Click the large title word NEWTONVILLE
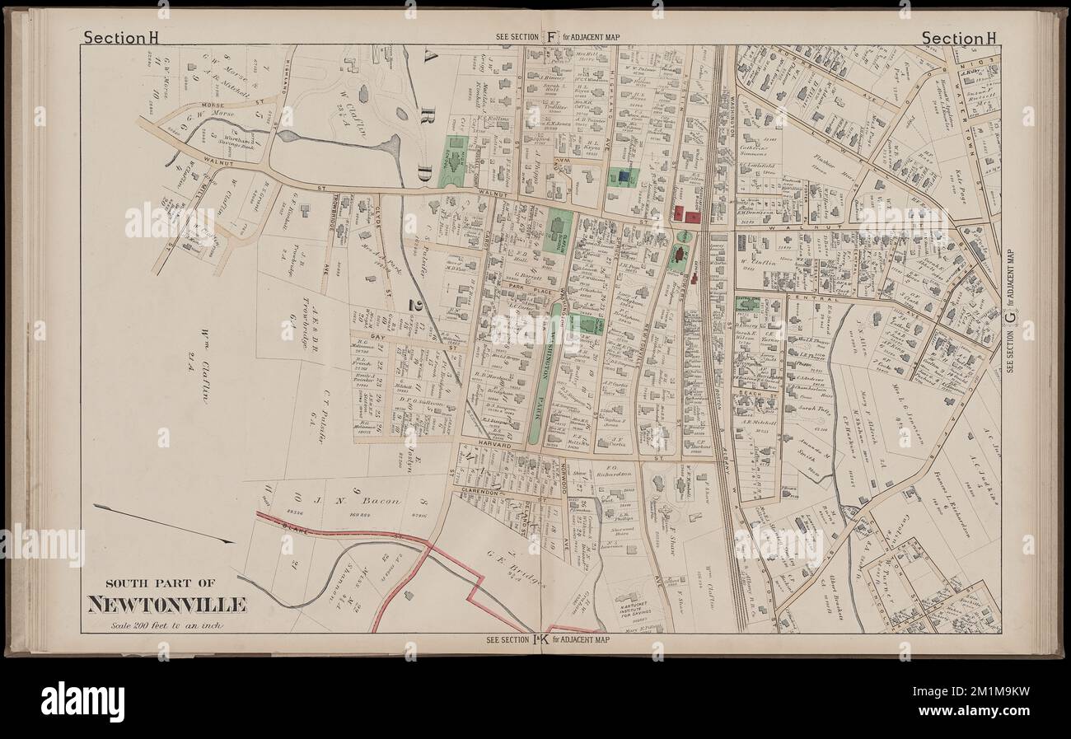[x=167, y=606]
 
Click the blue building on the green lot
[x=623, y=175]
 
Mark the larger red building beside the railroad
[x=692, y=216]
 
